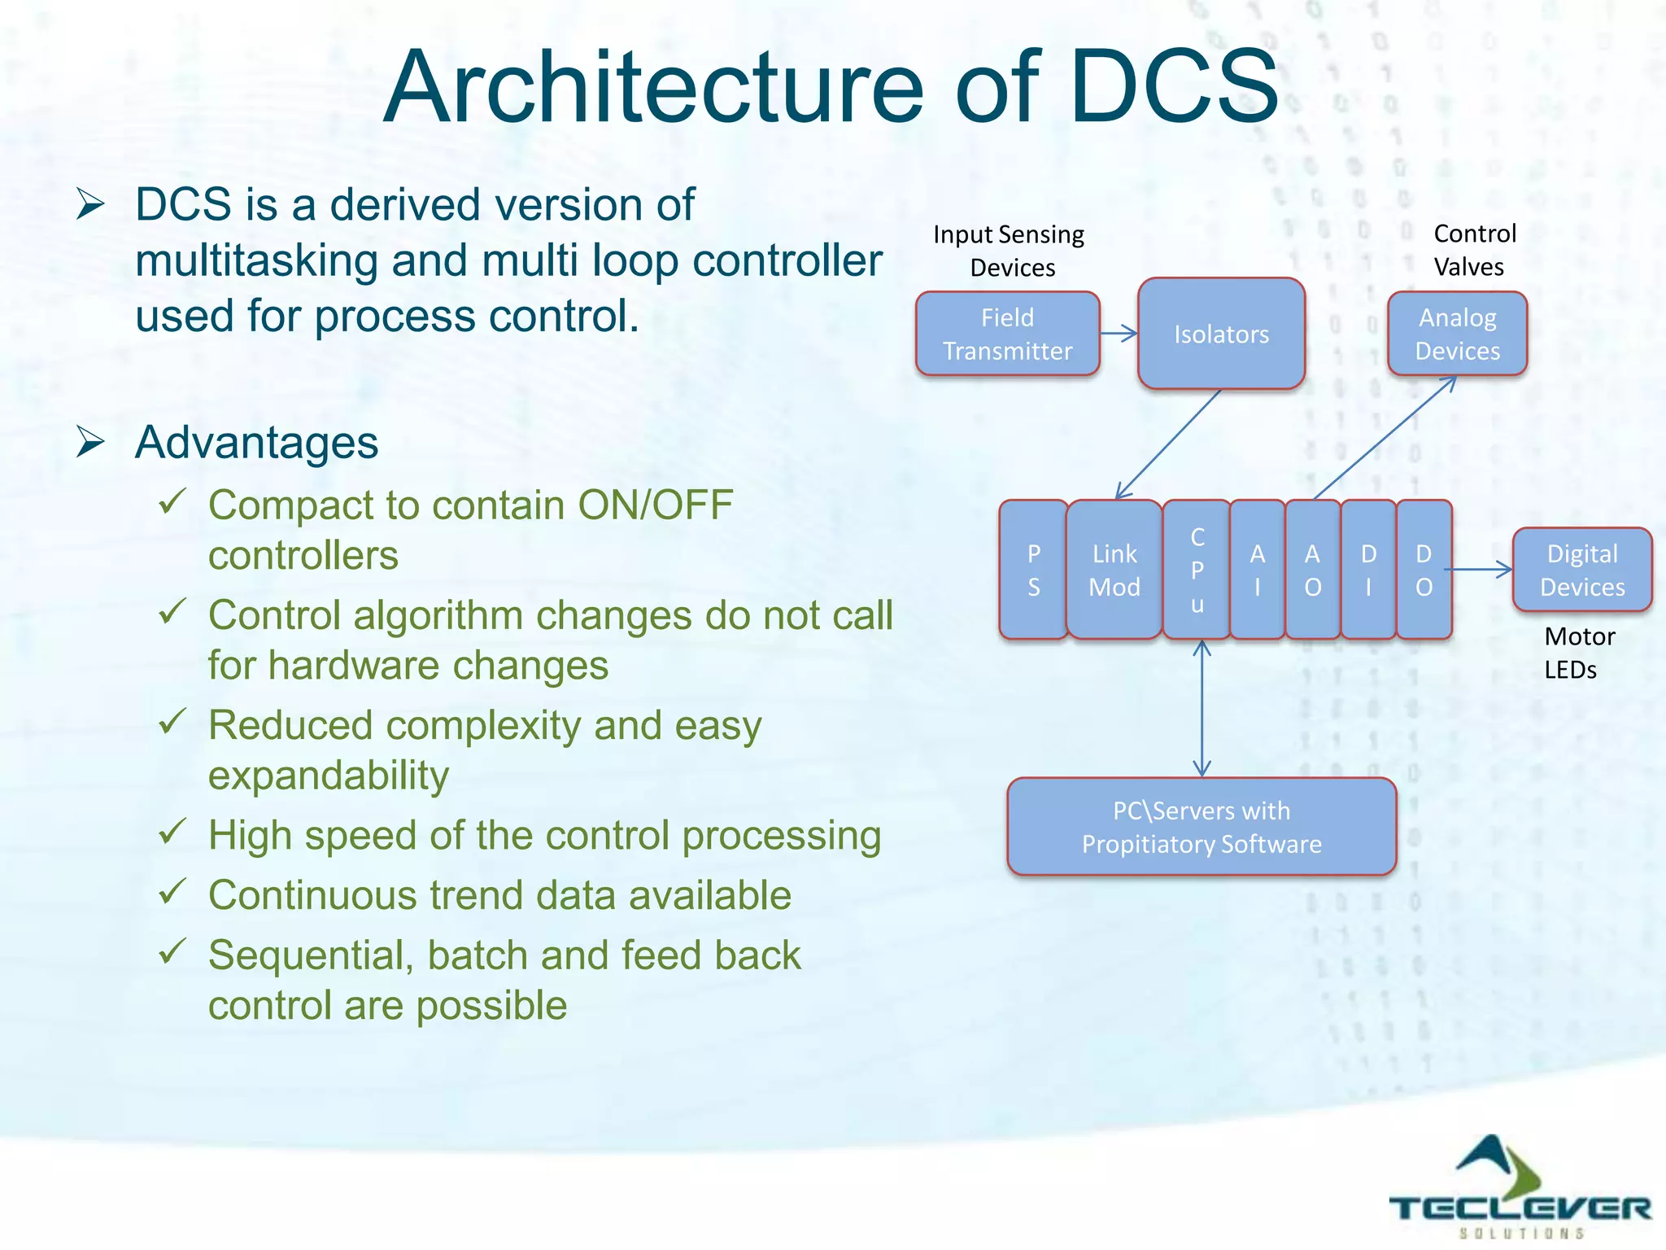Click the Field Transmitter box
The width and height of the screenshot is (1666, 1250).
1007,334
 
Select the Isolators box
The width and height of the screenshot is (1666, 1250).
1221,334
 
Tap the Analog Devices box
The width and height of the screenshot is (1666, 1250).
1457,334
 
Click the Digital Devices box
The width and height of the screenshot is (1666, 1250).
1581,570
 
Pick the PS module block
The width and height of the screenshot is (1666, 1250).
1033,570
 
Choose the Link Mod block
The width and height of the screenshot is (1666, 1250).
1114,570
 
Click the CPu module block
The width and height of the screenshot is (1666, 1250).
1197,570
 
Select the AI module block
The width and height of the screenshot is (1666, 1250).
1257,570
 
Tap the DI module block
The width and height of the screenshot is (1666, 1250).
1368,570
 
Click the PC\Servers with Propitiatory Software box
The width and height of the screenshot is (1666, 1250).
1202,827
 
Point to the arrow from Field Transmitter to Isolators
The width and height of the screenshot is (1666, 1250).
1119,333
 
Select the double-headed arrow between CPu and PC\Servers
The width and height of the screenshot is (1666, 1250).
1202,708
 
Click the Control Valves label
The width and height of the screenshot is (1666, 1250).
1473,250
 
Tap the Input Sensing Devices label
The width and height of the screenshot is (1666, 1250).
1009,251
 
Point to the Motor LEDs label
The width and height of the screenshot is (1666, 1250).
1578,653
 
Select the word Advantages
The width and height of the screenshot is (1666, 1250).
256,443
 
